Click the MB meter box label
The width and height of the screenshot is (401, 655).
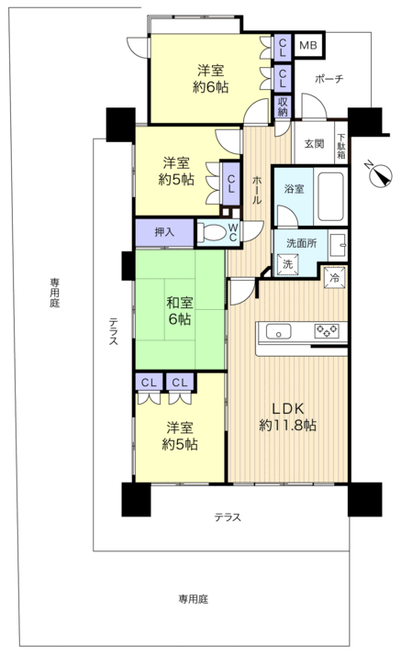click(308, 45)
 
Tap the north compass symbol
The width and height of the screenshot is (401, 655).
click(381, 175)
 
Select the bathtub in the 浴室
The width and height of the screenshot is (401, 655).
click(331, 196)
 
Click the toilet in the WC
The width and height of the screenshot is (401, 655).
click(211, 232)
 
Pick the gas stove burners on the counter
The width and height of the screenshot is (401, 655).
click(327, 331)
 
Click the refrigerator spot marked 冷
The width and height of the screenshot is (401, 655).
click(335, 278)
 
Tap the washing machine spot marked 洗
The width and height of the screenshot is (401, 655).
click(287, 263)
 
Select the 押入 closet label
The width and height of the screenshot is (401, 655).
click(164, 232)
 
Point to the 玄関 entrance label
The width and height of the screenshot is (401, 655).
click(314, 144)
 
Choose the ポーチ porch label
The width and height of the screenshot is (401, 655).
click(329, 79)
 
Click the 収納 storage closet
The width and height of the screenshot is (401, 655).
click(283, 106)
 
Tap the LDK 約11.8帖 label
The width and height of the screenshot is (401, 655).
click(288, 416)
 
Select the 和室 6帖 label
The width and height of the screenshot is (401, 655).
click(180, 310)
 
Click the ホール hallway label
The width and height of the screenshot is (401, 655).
click(257, 190)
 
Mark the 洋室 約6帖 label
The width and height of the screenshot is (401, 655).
click(210, 79)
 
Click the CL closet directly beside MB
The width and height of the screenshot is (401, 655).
click(283, 47)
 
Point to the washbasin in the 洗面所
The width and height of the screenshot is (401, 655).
click(338, 245)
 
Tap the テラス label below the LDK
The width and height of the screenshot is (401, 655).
click(228, 517)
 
